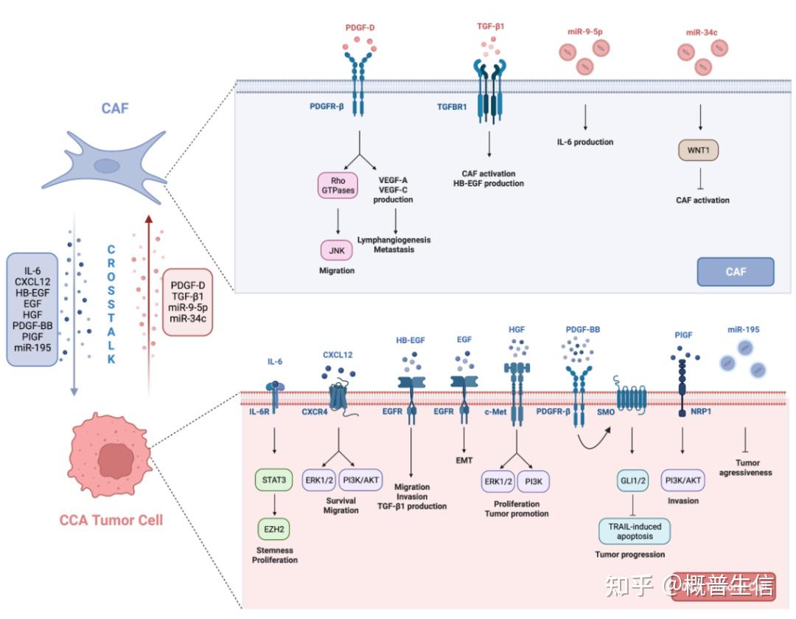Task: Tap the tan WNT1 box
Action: coord(699,151)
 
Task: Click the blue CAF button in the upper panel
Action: coord(735,272)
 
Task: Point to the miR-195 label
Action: coord(743,329)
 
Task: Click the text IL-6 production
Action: coord(585,142)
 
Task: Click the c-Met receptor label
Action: coord(495,412)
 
